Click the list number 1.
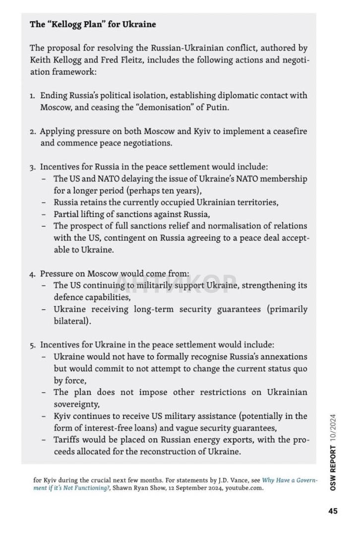point(32,96)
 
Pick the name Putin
point(218,107)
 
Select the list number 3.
point(32,167)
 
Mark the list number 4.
point(32,274)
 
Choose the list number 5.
point(32,345)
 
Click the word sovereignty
point(76,404)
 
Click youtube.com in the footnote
point(244,488)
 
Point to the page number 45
point(333,511)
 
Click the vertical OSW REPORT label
point(333,467)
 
